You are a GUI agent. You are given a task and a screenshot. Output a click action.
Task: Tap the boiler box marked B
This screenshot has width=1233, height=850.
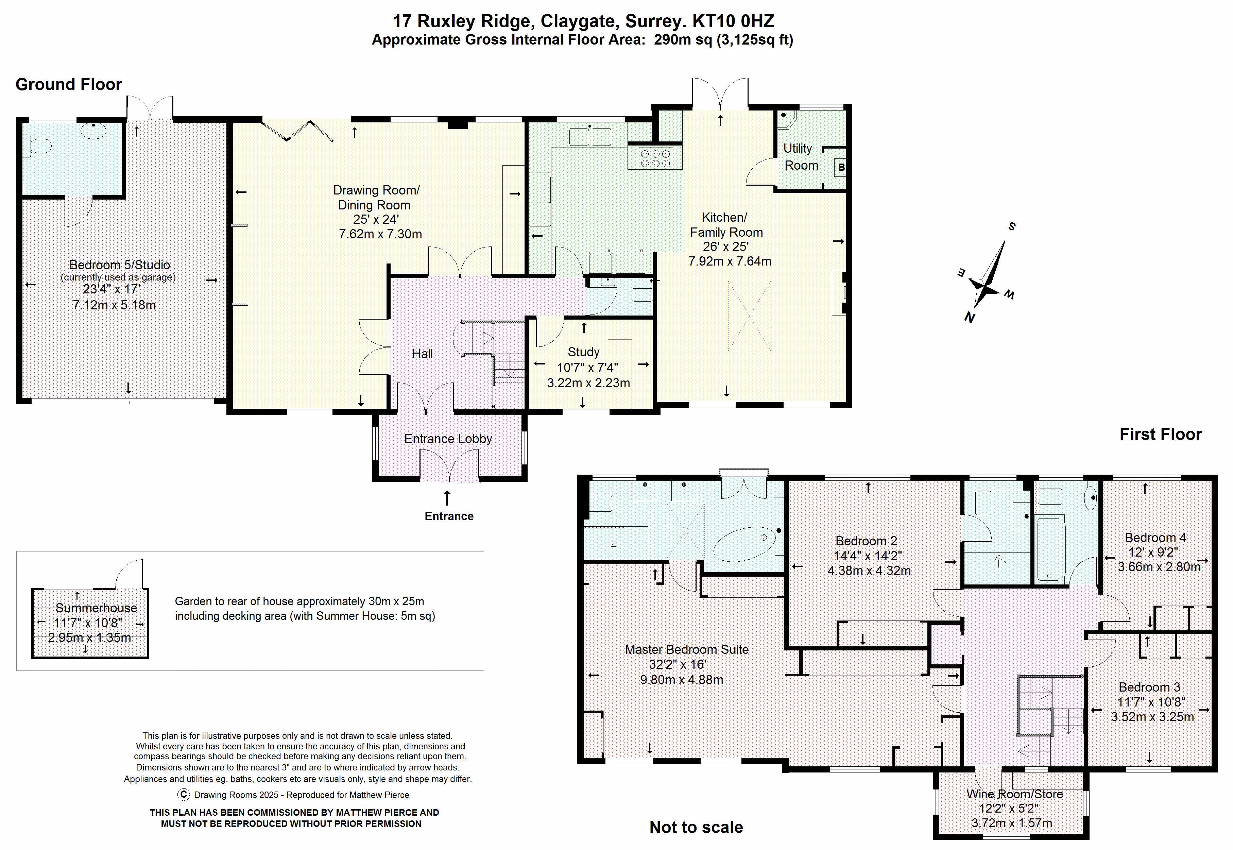pos(841,168)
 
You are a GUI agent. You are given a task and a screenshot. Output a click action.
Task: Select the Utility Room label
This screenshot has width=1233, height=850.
pos(800,157)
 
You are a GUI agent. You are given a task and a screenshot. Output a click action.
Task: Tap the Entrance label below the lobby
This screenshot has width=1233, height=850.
pos(449,516)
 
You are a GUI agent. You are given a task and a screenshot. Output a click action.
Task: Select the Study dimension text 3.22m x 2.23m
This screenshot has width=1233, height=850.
pos(588,383)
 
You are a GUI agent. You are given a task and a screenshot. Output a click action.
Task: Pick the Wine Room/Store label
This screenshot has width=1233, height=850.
pos(1014,794)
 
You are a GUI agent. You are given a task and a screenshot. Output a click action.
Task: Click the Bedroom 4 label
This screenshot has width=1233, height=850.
pos(1155,538)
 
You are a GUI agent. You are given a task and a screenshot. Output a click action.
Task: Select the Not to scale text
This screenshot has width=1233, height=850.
pos(696,827)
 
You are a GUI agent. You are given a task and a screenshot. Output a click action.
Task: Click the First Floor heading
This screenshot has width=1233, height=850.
pos(1160,434)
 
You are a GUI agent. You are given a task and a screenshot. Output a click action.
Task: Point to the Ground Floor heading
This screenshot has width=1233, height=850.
pos(69,84)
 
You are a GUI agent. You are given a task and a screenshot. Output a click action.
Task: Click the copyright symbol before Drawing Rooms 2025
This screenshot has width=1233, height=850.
pos(184,795)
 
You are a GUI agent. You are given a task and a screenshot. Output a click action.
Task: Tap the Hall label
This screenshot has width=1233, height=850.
pos(422,354)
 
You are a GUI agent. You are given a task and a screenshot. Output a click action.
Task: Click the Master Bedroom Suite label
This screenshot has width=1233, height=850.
pos(686,650)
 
